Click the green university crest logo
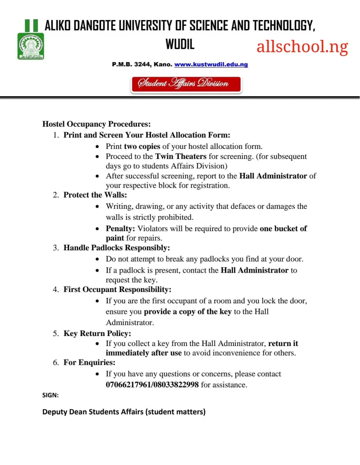click(x=30, y=46)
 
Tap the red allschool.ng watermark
click(x=302, y=47)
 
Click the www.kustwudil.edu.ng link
click(x=211, y=64)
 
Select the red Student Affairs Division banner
click(x=186, y=84)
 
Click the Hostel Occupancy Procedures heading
click(x=96, y=124)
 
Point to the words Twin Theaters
click(x=181, y=156)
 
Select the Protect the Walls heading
click(x=95, y=195)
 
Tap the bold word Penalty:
click(x=120, y=228)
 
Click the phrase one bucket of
click(x=283, y=228)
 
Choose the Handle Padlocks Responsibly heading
click(x=116, y=248)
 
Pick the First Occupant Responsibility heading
click(x=117, y=289)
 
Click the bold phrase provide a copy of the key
click(x=188, y=312)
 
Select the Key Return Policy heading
click(x=97, y=333)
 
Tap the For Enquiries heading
click(x=89, y=362)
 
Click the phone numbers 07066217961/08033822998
click(x=152, y=385)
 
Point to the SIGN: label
click(x=50, y=396)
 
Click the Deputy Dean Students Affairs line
click(x=124, y=412)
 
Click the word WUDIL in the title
click(x=180, y=45)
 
